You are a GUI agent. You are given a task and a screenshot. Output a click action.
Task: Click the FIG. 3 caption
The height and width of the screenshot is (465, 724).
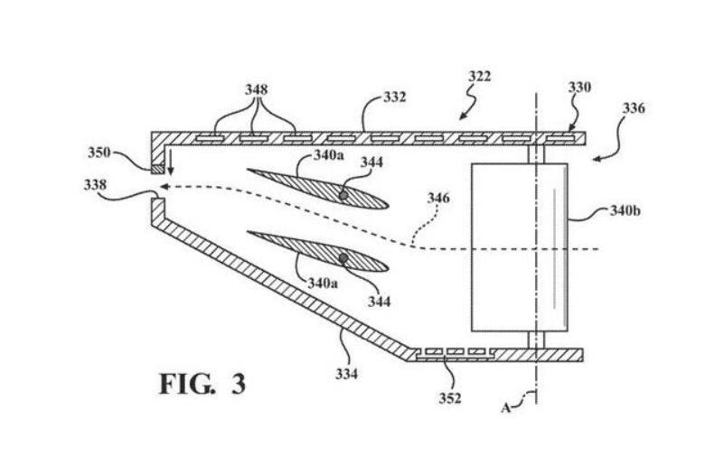point(202,383)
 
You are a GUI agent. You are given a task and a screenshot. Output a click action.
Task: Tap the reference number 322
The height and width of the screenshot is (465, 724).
point(480,77)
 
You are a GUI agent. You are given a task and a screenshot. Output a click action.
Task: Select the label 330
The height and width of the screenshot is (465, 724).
point(578,88)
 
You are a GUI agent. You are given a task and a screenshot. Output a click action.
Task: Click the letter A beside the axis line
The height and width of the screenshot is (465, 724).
point(508,407)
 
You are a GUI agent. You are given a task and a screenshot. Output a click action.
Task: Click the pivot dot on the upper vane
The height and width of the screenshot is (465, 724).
point(343,194)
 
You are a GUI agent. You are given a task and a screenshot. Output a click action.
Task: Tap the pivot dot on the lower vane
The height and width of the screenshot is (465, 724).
point(343,258)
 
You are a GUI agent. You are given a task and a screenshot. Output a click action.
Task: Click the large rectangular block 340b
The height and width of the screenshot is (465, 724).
point(519,248)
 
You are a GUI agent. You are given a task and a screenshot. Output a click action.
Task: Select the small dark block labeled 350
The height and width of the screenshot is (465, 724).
point(158,169)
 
